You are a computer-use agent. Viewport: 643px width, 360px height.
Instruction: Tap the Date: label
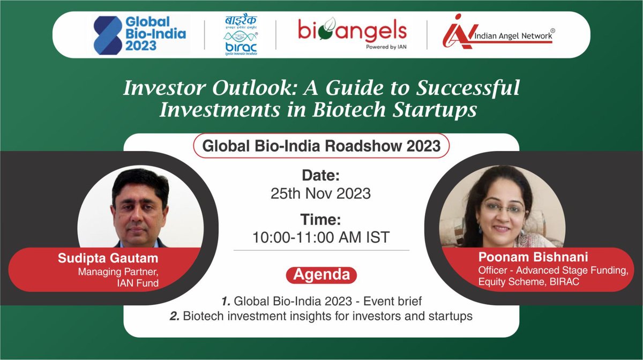(321, 176)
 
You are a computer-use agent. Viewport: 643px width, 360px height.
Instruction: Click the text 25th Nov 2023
(321, 193)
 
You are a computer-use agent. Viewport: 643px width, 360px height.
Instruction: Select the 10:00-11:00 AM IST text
(321, 237)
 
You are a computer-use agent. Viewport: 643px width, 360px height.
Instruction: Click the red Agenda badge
(321, 275)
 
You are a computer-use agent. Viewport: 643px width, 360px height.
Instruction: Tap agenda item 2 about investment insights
(321, 316)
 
